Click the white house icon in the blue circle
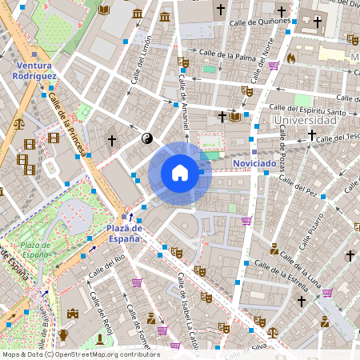click(180, 172)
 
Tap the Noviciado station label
click(254, 163)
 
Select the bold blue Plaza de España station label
click(124, 233)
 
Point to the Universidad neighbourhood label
click(304, 121)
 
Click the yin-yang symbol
click(146, 138)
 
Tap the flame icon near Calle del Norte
click(290, 58)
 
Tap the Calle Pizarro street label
click(311, 230)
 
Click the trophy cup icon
click(63, 334)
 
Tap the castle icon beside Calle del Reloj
click(74, 314)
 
